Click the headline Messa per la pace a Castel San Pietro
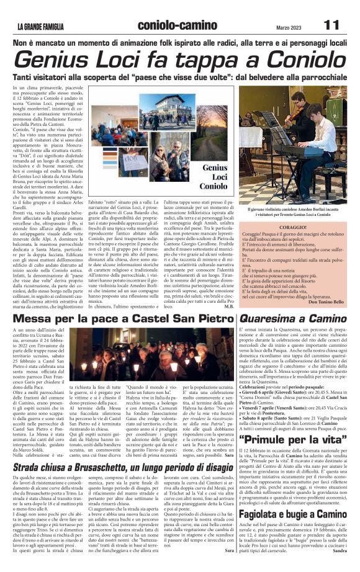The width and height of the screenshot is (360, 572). point(118,319)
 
